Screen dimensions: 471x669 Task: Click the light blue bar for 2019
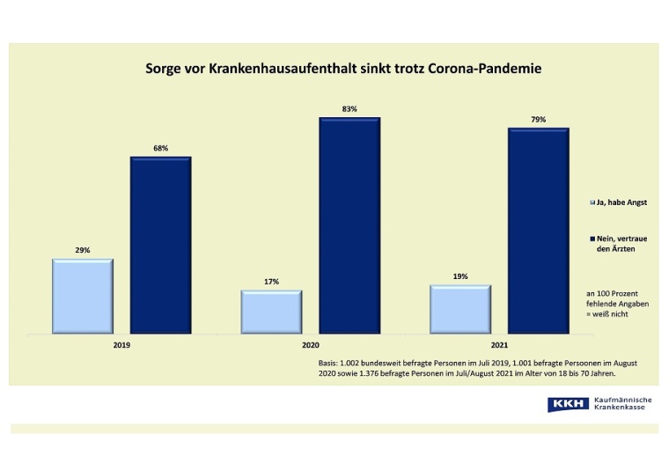click(83, 297)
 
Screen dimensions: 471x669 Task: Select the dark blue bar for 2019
click(160, 246)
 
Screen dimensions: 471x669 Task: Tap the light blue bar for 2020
click(271, 313)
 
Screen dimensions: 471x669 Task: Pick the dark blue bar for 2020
click(349, 225)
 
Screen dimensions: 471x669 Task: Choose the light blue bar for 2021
click(460, 310)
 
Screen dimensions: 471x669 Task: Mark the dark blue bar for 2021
click(538, 231)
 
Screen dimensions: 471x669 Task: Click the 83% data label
click(349, 109)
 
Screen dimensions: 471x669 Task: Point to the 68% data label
click(160, 149)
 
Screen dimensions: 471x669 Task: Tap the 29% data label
click(82, 250)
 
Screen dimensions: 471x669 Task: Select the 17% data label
click(271, 282)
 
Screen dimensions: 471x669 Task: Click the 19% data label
click(460, 276)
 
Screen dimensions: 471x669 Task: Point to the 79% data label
click(538, 120)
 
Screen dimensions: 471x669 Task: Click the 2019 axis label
click(121, 345)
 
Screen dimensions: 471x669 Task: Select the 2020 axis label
click(310, 345)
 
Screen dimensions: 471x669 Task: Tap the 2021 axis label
click(499, 345)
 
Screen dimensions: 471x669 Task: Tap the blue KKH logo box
click(568, 404)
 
